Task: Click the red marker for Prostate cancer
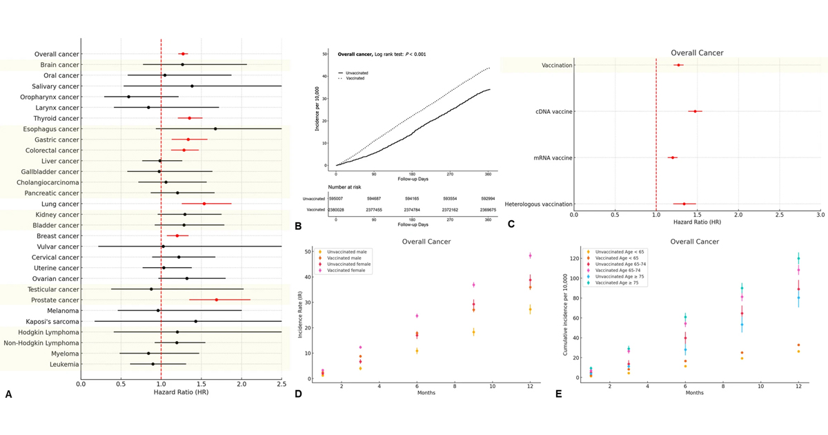[x=217, y=300]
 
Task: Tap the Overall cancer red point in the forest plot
[x=183, y=54]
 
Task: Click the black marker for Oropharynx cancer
[x=128, y=97]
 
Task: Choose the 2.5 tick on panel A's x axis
[x=281, y=383]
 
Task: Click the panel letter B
[x=297, y=225]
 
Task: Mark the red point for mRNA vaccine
[x=673, y=157]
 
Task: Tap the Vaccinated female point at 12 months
[x=530, y=255]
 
